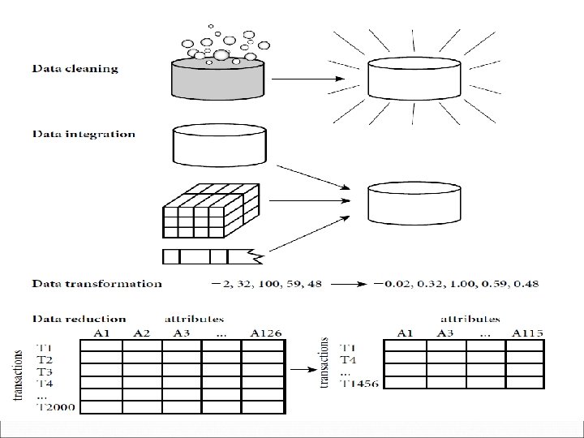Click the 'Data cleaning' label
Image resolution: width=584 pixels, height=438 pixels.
[x=75, y=69]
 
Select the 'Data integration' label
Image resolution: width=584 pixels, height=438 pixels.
[x=84, y=134]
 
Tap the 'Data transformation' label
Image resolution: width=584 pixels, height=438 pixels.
[x=97, y=284]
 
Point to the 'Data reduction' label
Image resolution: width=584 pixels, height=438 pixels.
[x=79, y=319]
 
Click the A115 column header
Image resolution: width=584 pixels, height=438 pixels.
[x=528, y=332]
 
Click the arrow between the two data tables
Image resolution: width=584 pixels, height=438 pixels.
[x=303, y=369]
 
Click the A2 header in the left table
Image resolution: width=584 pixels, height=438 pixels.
[x=141, y=332]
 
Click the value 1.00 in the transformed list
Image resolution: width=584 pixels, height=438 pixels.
[x=463, y=284]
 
